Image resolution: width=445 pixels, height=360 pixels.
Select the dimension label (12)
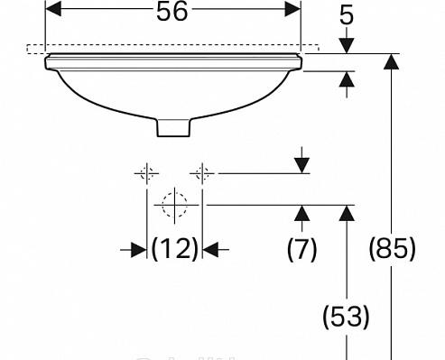coord(173,248)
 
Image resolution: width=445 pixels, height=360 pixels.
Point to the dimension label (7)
coord(301,248)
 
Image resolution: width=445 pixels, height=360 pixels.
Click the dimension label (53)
coord(347,317)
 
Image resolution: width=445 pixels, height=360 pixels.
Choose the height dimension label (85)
coord(392,247)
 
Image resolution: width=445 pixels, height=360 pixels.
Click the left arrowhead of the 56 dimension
coord(52,7)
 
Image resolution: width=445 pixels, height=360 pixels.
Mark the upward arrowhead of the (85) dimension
coord(391,61)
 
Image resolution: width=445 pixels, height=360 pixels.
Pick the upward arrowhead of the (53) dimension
coord(347,213)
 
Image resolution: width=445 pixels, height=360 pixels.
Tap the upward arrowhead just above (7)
coord(301,213)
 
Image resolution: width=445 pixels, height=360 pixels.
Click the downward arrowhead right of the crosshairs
coord(301,164)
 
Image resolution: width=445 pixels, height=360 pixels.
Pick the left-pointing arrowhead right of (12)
coord(210,248)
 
